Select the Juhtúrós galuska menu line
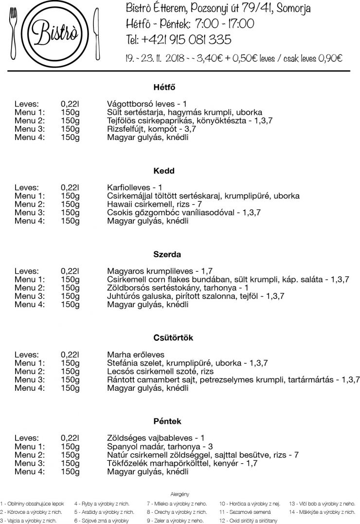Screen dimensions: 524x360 [195, 296]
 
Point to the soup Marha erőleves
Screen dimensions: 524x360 [136, 354]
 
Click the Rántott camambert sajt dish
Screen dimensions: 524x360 [233, 379]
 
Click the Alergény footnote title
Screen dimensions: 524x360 [180, 494]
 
